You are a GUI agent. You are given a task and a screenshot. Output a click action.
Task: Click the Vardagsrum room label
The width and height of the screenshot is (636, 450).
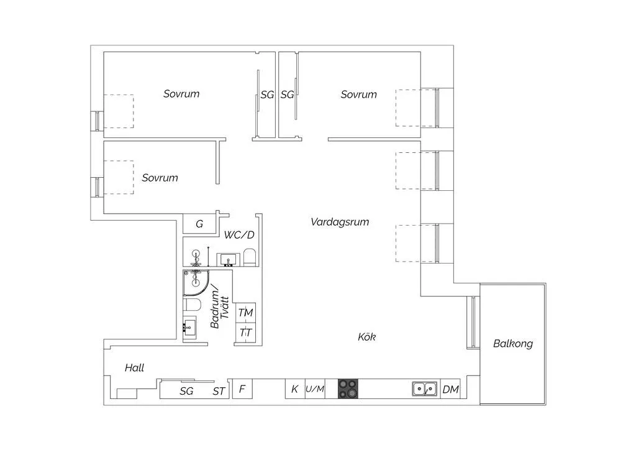click(340, 222)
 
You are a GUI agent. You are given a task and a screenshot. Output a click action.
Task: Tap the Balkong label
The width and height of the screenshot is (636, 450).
click(512, 344)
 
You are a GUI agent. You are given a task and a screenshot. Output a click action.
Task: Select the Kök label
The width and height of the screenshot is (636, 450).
click(366, 337)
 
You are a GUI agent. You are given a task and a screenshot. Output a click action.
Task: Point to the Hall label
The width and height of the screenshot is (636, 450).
click(134, 367)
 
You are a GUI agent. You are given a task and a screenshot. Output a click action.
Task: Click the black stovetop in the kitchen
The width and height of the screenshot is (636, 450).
click(348, 388)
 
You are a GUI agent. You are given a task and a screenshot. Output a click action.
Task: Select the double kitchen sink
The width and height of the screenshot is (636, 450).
click(425, 388)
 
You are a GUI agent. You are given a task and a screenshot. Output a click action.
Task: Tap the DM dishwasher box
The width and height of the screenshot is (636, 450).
click(450, 389)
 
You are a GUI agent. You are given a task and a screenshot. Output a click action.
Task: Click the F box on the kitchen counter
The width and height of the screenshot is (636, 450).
click(242, 388)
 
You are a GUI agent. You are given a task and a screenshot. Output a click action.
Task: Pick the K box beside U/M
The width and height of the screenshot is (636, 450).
click(295, 388)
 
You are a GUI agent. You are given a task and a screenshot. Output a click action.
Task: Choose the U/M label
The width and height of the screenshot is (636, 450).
click(315, 389)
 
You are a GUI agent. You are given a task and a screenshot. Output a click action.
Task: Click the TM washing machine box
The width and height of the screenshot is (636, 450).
click(245, 313)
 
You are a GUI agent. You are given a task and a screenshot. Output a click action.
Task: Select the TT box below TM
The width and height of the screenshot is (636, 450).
click(245, 333)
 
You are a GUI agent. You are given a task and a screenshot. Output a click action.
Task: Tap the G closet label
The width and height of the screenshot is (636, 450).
click(199, 224)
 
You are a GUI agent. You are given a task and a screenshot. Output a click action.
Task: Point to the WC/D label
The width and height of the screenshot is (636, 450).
click(239, 235)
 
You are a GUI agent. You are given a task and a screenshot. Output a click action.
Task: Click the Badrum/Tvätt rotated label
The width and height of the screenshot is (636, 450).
click(219, 306)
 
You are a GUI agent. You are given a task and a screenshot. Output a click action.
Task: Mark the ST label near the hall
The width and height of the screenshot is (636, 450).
click(219, 391)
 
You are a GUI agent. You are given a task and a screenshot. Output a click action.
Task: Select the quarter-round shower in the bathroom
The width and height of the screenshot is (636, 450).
click(196, 283)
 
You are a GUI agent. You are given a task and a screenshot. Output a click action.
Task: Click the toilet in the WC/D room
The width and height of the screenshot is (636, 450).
click(250, 258)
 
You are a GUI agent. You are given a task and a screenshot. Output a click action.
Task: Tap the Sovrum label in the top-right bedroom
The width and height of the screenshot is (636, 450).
click(358, 94)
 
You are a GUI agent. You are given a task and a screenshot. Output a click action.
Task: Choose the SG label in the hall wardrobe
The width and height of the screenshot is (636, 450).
click(186, 391)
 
